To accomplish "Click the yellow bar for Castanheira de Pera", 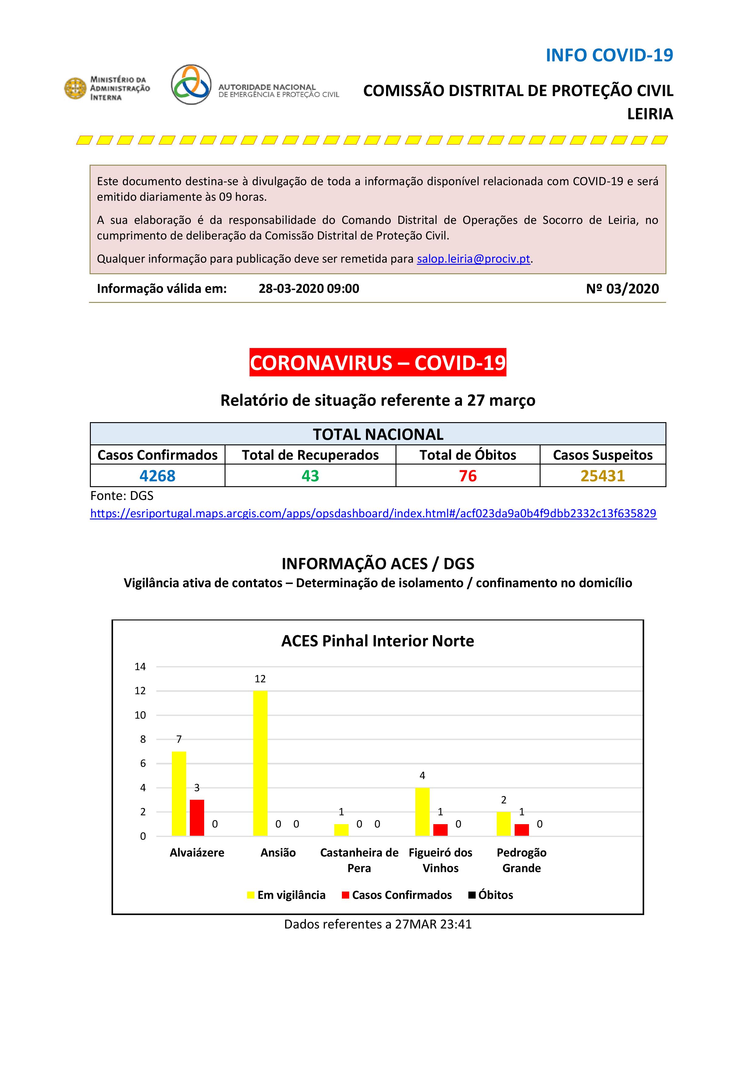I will point(341,830).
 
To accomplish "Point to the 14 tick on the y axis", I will point(140,666).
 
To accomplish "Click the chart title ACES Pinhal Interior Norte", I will point(378,641).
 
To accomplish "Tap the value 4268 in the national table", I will point(157,476).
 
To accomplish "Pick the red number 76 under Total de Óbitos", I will point(468,476).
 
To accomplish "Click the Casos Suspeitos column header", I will point(602,455).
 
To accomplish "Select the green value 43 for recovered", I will point(310,476).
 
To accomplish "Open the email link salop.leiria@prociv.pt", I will point(474,259).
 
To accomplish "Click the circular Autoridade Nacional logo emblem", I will point(191,84).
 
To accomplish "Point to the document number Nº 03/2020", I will point(623,289).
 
